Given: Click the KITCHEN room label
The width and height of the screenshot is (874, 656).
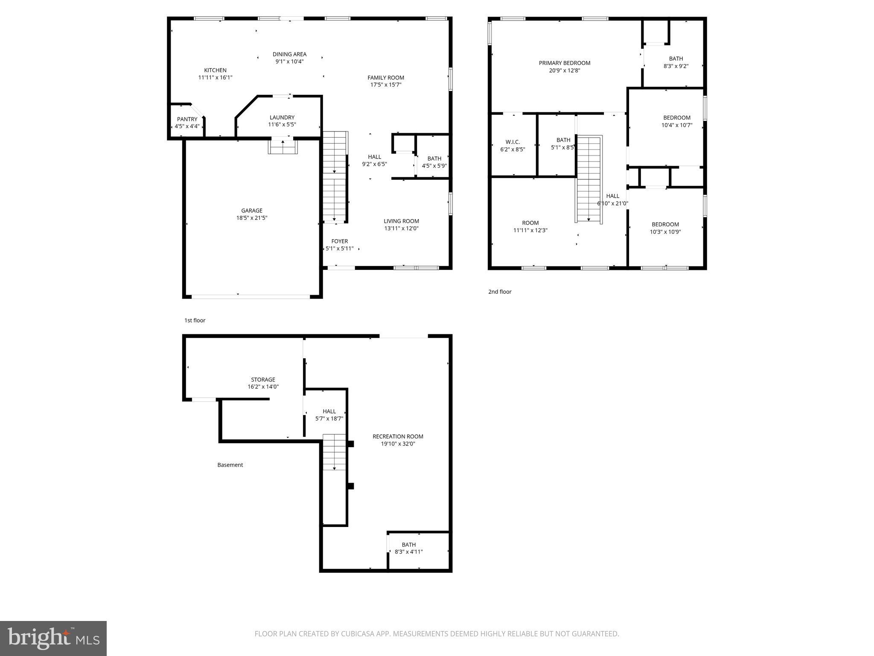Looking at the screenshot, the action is click(x=215, y=70).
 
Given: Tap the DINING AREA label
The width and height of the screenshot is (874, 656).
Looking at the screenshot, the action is click(x=289, y=54).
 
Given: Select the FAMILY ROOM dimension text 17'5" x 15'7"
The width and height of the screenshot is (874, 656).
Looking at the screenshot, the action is click(x=386, y=85).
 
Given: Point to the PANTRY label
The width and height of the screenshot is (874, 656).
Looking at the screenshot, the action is click(x=187, y=119).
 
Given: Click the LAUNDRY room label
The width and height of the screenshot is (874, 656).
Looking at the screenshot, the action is click(x=282, y=117).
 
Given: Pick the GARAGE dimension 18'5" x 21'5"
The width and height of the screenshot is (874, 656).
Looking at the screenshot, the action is click(x=252, y=218).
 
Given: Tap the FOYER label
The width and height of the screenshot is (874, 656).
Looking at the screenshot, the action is click(x=340, y=241).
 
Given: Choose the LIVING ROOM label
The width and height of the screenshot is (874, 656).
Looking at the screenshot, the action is click(x=401, y=221).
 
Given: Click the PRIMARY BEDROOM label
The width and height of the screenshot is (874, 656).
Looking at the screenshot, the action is click(x=565, y=63).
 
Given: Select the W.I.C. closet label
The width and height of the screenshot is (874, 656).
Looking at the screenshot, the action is click(x=513, y=142).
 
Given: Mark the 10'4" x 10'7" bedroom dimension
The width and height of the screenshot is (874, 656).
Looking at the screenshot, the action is click(x=677, y=125).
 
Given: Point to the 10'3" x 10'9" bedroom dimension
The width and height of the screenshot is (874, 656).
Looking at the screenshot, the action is click(x=665, y=232).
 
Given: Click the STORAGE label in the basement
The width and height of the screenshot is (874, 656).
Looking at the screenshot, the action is click(x=263, y=380).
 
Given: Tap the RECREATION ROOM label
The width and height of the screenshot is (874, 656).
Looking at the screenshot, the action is click(x=398, y=436).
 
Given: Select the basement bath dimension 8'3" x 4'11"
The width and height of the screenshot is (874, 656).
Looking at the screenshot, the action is click(x=408, y=552).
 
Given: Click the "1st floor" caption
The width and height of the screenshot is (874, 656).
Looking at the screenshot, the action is click(x=195, y=320).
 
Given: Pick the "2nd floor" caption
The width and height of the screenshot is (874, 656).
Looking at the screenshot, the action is click(x=500, y=292).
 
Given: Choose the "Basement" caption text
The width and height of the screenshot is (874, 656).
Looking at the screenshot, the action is click(x=230, y=465).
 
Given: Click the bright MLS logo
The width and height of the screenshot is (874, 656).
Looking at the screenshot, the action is click(x=53, y=638).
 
